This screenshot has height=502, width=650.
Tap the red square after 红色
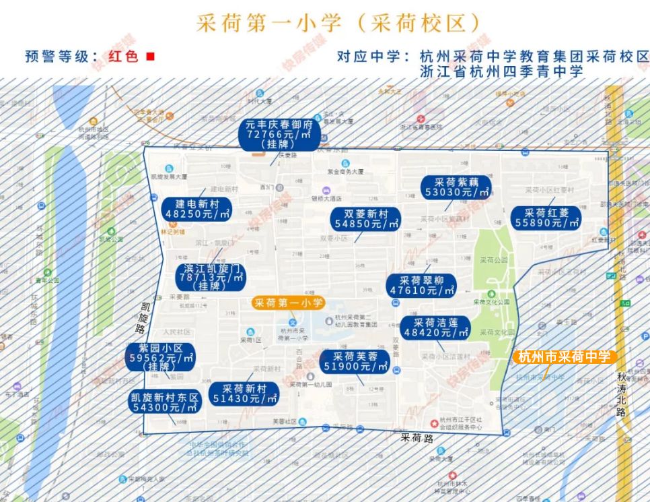coord(150,57)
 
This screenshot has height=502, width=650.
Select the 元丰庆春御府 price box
coord(279,135)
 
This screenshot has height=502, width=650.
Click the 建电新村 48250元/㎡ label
coord(197,209)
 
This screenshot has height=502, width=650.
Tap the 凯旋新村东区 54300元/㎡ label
coord(166,402)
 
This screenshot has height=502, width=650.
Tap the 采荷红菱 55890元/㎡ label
coord(546,218)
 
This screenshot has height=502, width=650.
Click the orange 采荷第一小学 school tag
coord(289,303)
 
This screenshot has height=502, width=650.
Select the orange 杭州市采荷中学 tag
coord(565,357)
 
